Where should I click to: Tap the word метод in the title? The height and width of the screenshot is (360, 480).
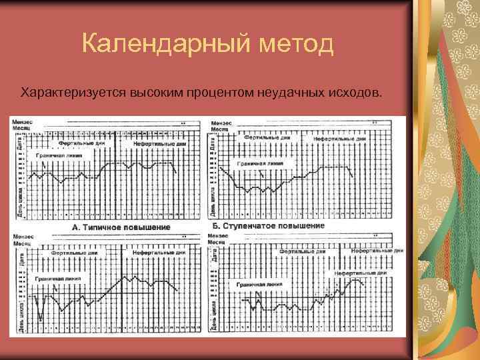click(292, 45)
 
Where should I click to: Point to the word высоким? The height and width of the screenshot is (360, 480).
click(148, 91)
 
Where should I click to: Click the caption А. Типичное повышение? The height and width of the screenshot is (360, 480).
click(121, 227)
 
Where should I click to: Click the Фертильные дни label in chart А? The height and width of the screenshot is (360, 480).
click(81, 143)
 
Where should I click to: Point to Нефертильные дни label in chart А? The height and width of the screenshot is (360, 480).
click(159, 143)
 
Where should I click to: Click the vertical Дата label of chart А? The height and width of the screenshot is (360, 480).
click(19, 142)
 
